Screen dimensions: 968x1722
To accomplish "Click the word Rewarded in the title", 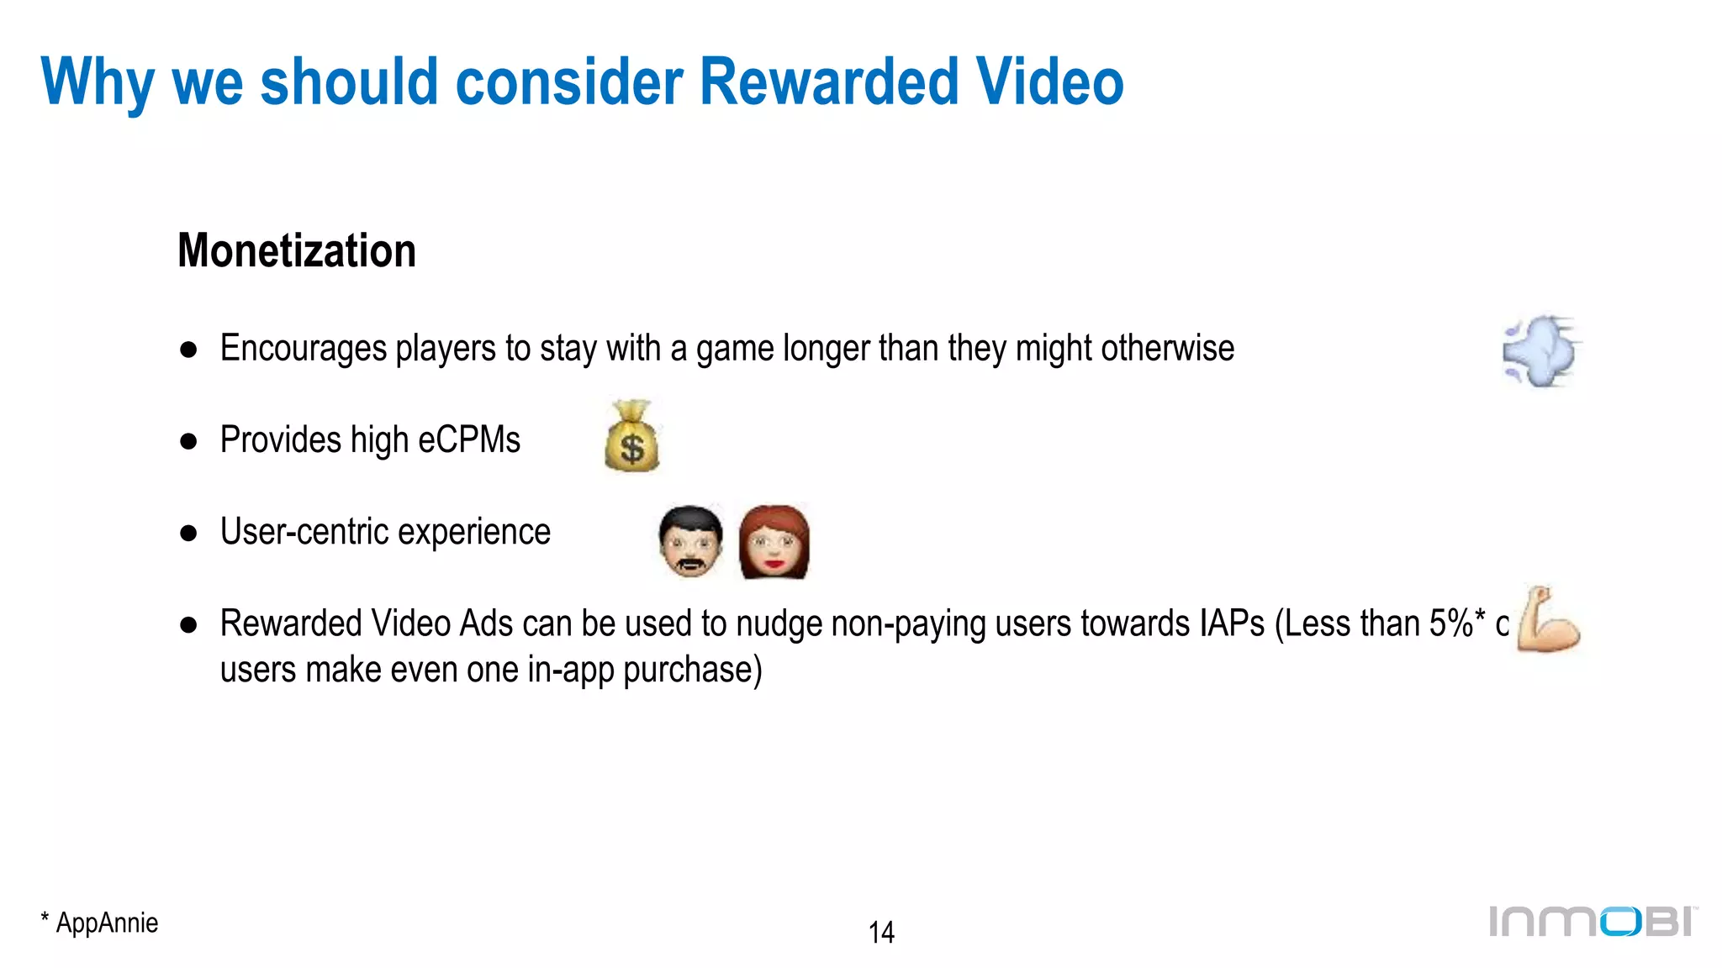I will pyautogui.click(x=829, y=82).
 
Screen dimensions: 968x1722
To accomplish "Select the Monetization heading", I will pyautogui.click(x=297, y=250).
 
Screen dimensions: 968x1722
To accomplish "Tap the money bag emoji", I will pyautogui.click(x=631, y=436).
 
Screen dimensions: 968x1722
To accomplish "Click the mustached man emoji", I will pyautogui.click(x=690, y=541).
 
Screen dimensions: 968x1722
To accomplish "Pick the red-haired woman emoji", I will pyautogui.click(x=774, y=542).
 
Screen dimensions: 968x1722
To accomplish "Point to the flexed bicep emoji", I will pyautogui.click(x=1548, y=620).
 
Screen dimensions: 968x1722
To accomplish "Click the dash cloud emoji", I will pyautogui.click(x=1541, y=351).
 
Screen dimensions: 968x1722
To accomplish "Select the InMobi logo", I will pyautogui.click(x=1593, y=921).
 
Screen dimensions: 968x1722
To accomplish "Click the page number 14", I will pyautogui.click(x=881, y=932).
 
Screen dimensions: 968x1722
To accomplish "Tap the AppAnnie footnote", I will pyautogui.click(x=100, y=923).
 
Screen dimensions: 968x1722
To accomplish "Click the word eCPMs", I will pyautogui.click(x=469, y=439).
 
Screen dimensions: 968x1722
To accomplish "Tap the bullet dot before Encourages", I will pyautogui.click(x=188, y=350).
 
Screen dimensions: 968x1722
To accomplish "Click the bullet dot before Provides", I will pyautogui.click(x=188, y=441).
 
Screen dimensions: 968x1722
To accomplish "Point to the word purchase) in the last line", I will pyautogui.click(x=693, y=670).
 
